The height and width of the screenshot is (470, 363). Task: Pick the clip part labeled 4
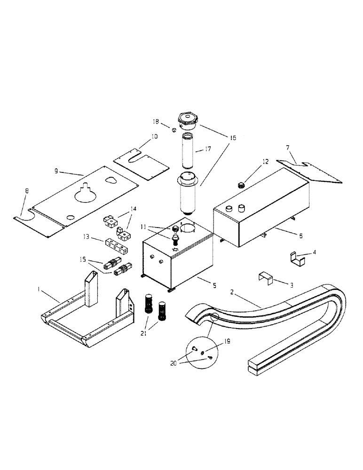point(294,258)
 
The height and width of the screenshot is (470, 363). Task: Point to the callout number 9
point(56,172)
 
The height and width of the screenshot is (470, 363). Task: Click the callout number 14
point(134,208)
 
